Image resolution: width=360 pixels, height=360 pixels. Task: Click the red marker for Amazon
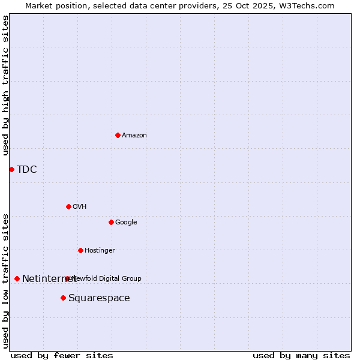coord(118,135)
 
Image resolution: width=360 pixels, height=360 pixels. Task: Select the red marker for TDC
coord(11,169)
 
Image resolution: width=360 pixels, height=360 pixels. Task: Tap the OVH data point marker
coord(68,206)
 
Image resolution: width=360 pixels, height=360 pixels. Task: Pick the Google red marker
coord(111,222)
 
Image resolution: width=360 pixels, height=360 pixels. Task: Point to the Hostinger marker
coord(80,250)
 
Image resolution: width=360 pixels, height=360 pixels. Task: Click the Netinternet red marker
coord(17,278)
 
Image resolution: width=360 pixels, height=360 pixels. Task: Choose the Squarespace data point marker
coord(63,298)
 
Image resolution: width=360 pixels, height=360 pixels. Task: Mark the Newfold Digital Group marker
coord(67,278)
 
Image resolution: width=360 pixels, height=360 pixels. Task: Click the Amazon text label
coord(134,135)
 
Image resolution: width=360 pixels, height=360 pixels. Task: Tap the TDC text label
coord(27,169)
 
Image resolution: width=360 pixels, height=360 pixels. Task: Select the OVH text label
coord(80,206)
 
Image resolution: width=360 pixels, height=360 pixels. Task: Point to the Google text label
coord(126,222)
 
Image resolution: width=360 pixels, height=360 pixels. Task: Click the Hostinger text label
coord(100,250)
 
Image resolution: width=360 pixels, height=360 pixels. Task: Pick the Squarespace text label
coord(99,298)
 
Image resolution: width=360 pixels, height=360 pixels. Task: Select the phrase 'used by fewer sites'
coord(62,355)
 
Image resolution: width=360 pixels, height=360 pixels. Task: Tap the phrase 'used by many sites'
coord(301,355)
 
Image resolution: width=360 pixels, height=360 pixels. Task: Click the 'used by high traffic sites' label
coord(5,85)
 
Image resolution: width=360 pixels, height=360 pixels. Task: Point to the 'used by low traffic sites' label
coord(5,280)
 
